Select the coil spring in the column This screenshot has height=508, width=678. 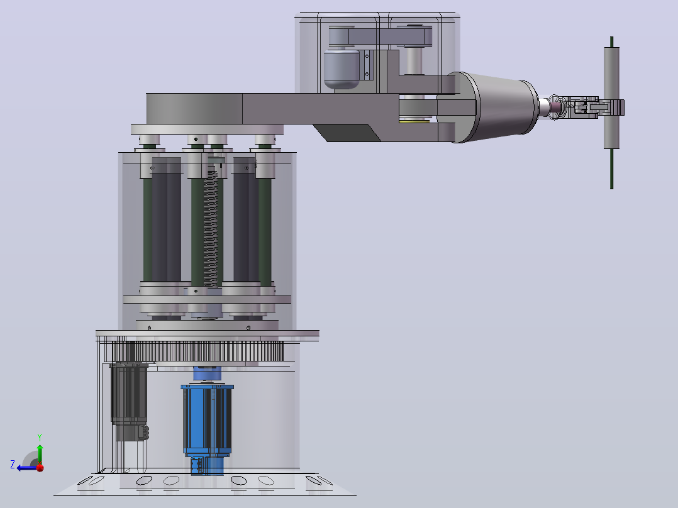pos(211,228)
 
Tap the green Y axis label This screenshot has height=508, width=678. pos(40,437)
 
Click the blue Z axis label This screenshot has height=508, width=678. pos(13,465)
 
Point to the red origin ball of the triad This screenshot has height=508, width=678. pos(40,468)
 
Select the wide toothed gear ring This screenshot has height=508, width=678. pos(198,351)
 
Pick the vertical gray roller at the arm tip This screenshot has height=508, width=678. pos(611,98)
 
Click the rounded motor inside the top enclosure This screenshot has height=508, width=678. pos(342,69)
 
